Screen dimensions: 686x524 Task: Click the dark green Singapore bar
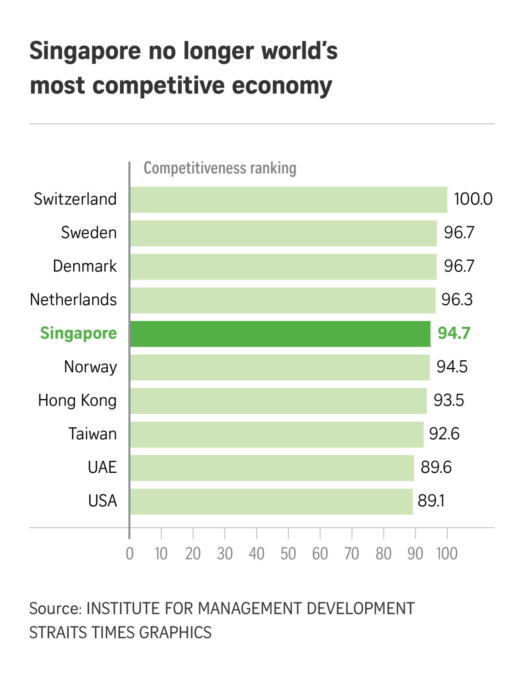280,334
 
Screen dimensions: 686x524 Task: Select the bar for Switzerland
288,200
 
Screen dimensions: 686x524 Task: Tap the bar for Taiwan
277,434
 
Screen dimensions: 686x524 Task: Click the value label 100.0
473,199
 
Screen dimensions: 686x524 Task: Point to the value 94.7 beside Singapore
454,333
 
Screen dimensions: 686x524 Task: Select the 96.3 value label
457,300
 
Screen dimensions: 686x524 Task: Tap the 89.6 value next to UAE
436,467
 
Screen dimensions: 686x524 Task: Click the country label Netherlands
73,300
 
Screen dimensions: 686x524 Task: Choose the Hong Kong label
77,401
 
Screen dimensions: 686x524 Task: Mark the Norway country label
90,367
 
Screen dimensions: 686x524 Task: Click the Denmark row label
85,266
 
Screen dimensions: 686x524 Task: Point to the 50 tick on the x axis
288,554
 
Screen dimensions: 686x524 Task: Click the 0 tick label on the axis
130,554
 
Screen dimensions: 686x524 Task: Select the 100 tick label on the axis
447,554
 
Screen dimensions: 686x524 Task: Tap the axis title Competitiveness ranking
220,168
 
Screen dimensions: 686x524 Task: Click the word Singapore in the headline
85,51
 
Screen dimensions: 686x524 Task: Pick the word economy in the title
282,85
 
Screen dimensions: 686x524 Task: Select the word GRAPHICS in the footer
175,632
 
